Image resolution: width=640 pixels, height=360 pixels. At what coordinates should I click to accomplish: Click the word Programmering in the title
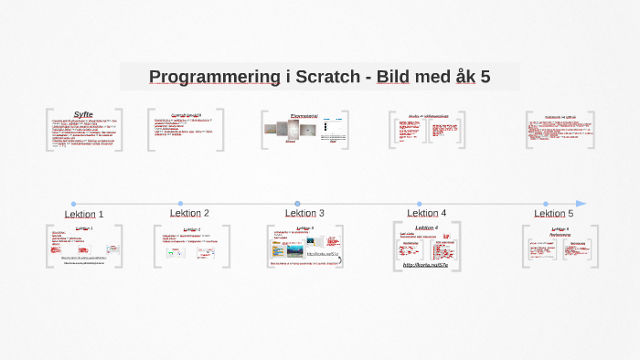(x=214, y=77)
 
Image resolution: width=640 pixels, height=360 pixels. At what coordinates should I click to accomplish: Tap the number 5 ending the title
(x=485, y=77)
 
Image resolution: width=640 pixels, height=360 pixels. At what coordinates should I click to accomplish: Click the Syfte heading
(x=83, y=114)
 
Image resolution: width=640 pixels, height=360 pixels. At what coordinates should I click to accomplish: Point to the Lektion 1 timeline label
(x=84, y=214)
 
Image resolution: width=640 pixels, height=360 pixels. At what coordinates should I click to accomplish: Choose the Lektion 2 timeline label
(x=189, y=213)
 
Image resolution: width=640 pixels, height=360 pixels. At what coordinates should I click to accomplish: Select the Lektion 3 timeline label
(x=304, y=213)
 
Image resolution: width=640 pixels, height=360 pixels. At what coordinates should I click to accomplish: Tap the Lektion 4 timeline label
(x=426, y=213)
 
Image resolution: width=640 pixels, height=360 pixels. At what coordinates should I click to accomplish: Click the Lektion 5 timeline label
(x=554, y=213)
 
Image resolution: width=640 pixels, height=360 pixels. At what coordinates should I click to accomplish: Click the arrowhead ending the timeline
(x=581, y=204)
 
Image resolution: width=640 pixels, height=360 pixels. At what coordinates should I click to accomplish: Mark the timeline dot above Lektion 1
(x=73, y=204)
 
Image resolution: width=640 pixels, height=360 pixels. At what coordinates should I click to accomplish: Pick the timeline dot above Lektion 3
(x=297, y=204)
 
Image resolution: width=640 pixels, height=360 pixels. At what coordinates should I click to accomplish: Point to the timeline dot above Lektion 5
(x=546, y=204)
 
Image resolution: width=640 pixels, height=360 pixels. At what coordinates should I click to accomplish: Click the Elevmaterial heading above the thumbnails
(x=304, y=116)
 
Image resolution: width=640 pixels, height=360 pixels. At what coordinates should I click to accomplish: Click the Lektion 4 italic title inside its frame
(x=426, y=228)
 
